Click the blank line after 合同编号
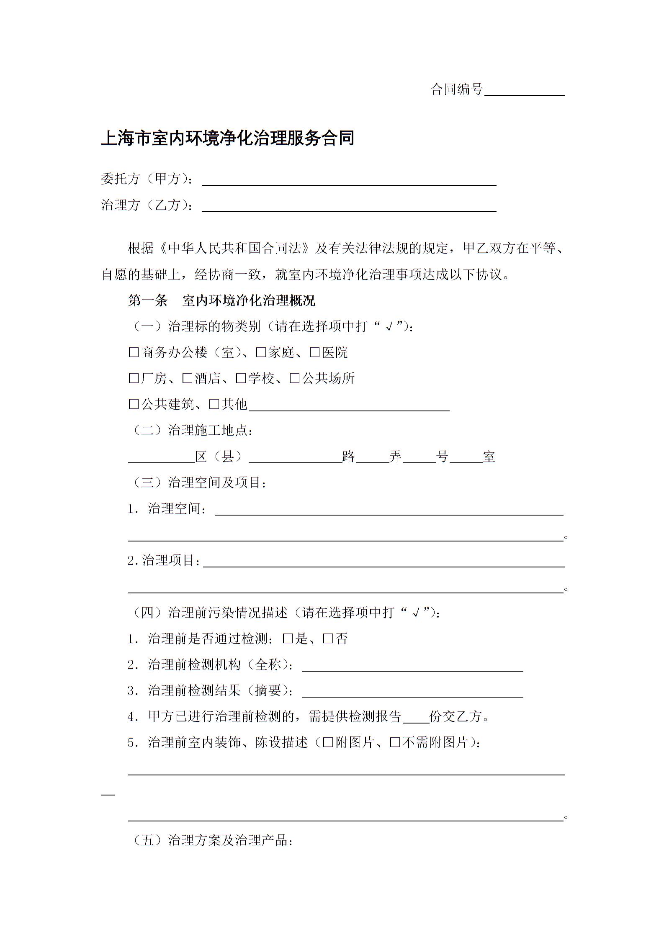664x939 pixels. tap(524, 91)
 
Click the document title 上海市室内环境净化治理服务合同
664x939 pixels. tap(228, 138)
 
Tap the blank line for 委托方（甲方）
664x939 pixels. tap(349, 181)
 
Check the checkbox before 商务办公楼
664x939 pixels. tap(134, 352)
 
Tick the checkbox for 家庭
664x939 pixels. tap(261, 352)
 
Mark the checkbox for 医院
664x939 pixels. tap(314, 352)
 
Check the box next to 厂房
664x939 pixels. tap(134, 378)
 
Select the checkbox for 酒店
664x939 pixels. tap(187, 378)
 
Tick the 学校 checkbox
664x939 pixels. tap(241, 378)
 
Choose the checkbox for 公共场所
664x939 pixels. tap(294, 378)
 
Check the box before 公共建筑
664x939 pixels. tap(134, 404)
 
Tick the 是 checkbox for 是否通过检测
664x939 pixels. tap(288, 639)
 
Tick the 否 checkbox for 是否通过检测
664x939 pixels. tap(328, 639)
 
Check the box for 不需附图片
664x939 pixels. tap(395, 743)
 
